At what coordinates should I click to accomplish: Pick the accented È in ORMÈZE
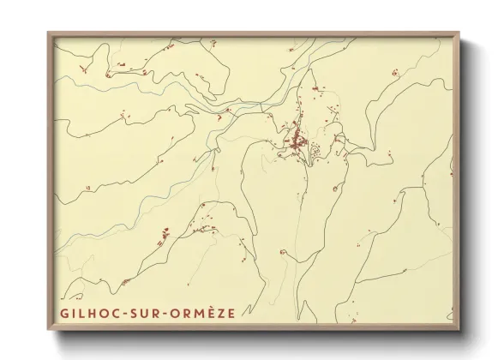pos(208,314)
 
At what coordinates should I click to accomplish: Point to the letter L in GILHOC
pos(83,314)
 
